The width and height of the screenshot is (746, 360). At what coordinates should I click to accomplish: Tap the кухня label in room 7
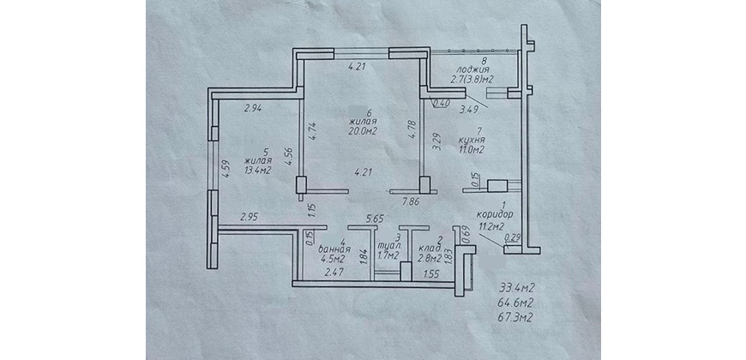pos(472,141)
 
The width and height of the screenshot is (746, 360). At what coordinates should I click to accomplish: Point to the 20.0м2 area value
pos(362,132)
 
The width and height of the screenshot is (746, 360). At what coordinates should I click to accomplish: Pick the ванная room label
pos(334,249)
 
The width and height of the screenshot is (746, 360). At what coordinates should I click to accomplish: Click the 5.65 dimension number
pos(374,219)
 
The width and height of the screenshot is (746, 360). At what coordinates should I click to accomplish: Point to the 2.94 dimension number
pos(254,108)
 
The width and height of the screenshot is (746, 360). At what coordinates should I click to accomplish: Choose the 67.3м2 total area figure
pos(514,318)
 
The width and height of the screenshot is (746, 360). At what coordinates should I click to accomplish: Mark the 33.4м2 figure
pos(514,287)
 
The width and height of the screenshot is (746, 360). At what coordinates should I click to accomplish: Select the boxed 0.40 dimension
pos(442,102)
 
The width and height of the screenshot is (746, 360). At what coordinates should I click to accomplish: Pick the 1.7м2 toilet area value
pos(388,256)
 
